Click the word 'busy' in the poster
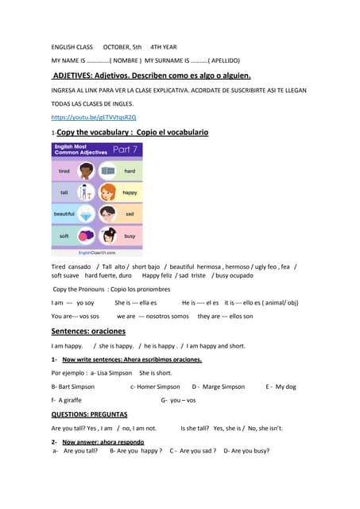coord(130,236)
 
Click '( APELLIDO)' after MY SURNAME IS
coord(224,60)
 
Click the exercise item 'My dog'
coord(285,387)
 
